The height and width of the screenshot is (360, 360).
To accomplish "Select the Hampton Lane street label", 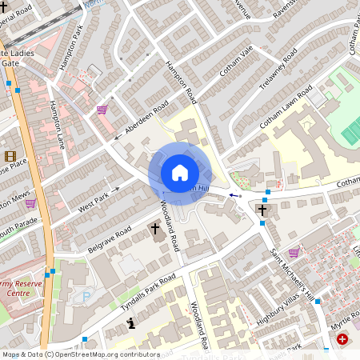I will click(x=56, y=124).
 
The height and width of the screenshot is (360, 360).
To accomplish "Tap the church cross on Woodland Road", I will click(x=156, y=229).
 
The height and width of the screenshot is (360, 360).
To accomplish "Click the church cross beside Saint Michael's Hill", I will click(x=262, y=210).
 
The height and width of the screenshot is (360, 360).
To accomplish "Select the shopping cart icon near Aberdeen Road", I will click(x=102, y=110).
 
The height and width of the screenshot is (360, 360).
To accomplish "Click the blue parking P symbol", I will click(x=86, y=296).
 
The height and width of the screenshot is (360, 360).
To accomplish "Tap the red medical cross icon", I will click(x=343, y=340).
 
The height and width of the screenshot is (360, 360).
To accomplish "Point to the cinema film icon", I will click(x=10, y=156).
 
